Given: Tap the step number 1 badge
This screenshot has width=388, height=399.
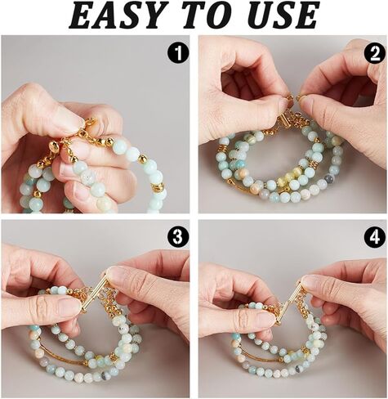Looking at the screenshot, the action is click(178, 53).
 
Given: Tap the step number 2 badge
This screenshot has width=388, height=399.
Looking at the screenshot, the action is click(375, 55).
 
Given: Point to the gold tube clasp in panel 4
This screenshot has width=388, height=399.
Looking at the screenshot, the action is click(291, 300).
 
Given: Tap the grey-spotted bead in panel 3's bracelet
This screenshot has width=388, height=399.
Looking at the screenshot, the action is click(105, 376).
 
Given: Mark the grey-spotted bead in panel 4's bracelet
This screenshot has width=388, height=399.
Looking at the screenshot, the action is click(298, 368).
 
